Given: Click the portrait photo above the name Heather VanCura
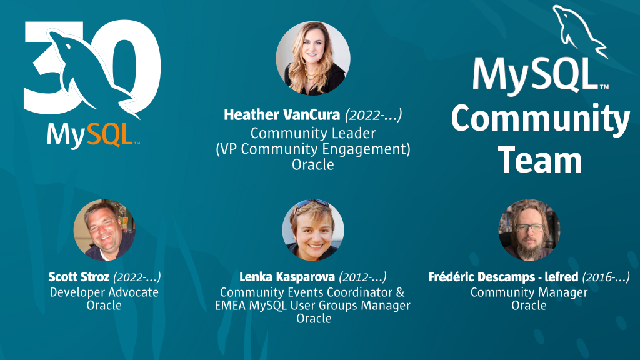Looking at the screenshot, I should [313, 58].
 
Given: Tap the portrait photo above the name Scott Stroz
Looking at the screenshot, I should [104, 229].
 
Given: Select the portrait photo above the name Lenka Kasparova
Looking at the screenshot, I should [313, 229].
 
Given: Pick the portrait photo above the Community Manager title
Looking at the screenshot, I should [529, 229].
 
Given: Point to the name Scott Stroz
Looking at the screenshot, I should [79, 277].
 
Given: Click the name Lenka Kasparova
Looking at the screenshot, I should [286, 277].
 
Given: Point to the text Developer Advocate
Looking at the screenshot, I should [104, 292].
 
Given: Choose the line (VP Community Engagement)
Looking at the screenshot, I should [313, 149].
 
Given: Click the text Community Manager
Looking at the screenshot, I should [529, 292].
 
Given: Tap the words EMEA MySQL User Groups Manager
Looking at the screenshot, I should [313, 306].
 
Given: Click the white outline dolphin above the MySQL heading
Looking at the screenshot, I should [580, 31].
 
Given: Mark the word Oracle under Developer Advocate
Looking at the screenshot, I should [104, 306].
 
